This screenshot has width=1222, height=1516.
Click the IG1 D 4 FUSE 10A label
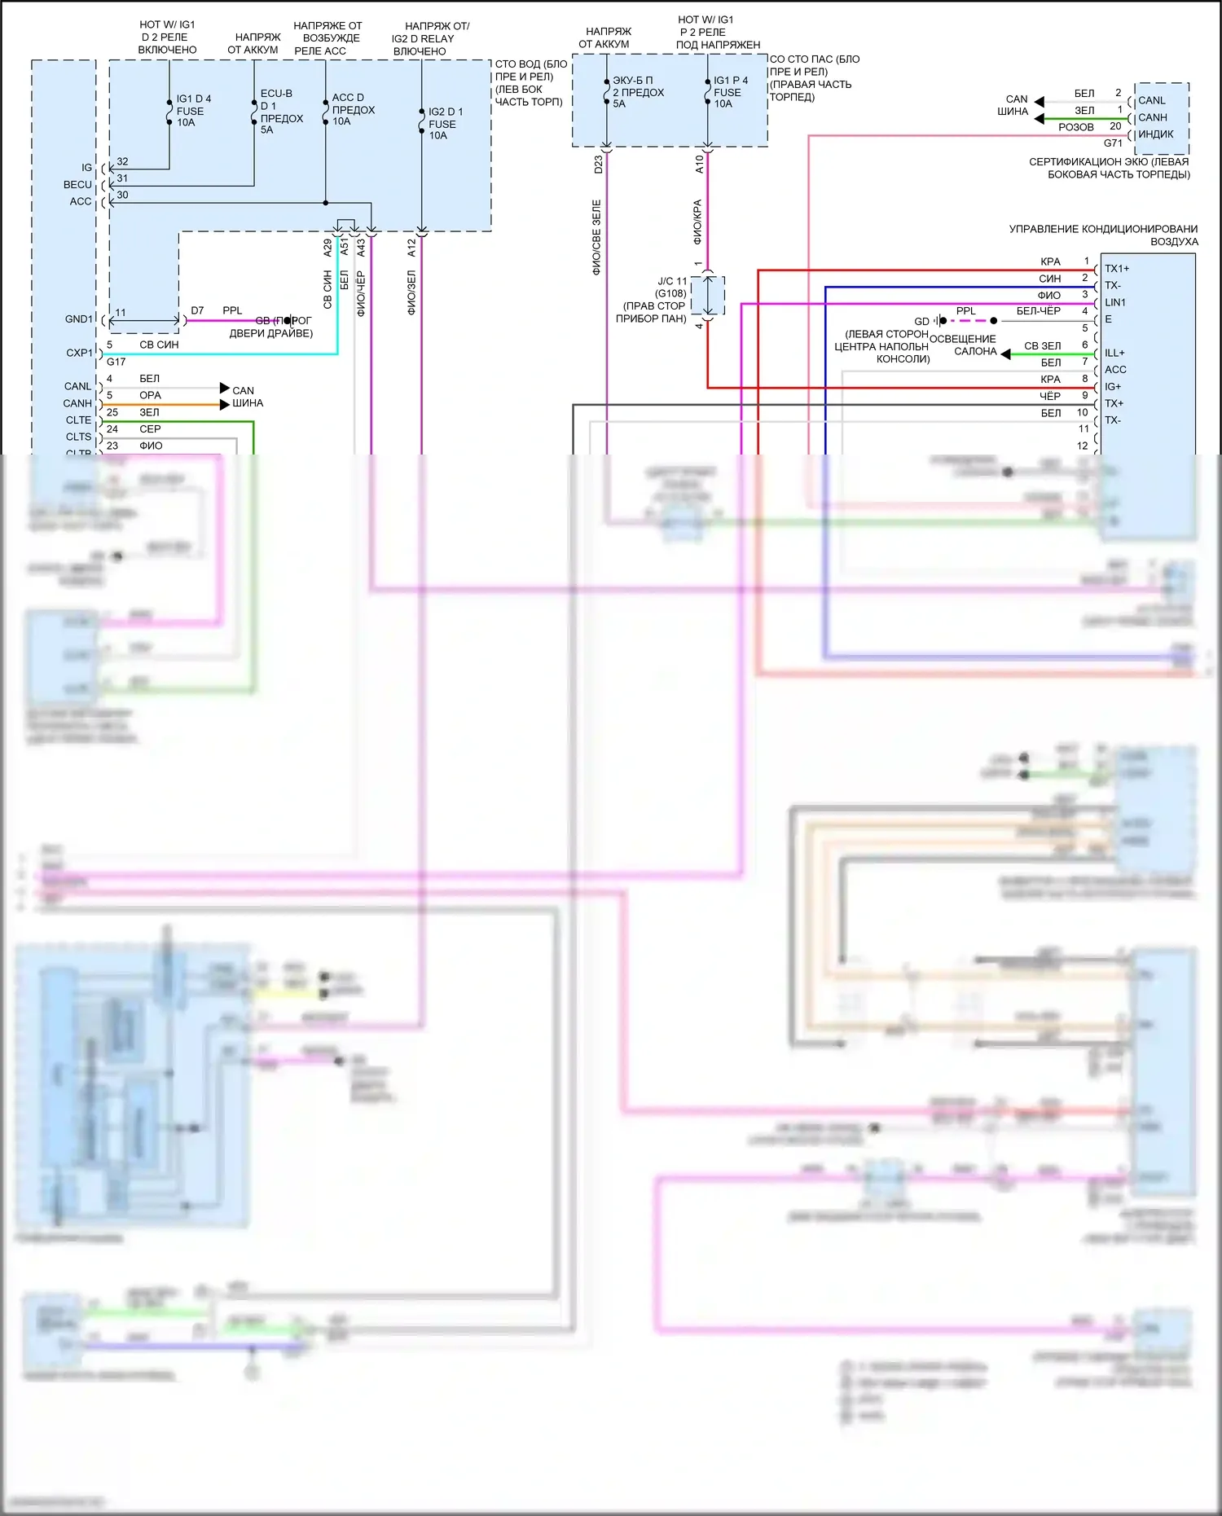[x=193, y=111]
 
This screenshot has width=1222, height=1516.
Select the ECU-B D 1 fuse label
[x=280, y=112]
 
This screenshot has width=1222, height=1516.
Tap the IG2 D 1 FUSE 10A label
[x=445, y=124]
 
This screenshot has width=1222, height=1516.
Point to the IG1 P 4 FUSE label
[x=729, y=92]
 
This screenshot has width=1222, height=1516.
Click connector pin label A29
[x=327, y=248]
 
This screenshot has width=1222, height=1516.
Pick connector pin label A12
[x=411, y=248]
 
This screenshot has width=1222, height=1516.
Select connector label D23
[x=598, y=164]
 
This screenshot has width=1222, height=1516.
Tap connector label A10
[x=699, y=164]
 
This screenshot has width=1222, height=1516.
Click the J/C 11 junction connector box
[x=708, y=296]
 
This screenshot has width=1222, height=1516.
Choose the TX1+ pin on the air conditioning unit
[x=1117, y=269]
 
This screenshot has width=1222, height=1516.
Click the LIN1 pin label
[x=1115, y=302]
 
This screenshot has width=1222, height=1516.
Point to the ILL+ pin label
[x=1114, y=353]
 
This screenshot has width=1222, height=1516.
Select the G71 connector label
[x=1113, y=143]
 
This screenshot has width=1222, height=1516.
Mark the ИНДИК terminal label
[x=1155, y=134]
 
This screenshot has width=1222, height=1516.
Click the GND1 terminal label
[x=79, y=319]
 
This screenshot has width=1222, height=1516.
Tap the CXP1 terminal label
[x=79, y=353]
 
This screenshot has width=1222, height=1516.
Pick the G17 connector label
[x=116, y=362]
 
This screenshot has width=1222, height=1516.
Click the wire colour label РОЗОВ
[x=1075, y=127]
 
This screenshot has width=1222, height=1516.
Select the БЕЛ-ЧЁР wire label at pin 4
[x=1038, y=311]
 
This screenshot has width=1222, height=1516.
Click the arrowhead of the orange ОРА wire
[x=225, y=404]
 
